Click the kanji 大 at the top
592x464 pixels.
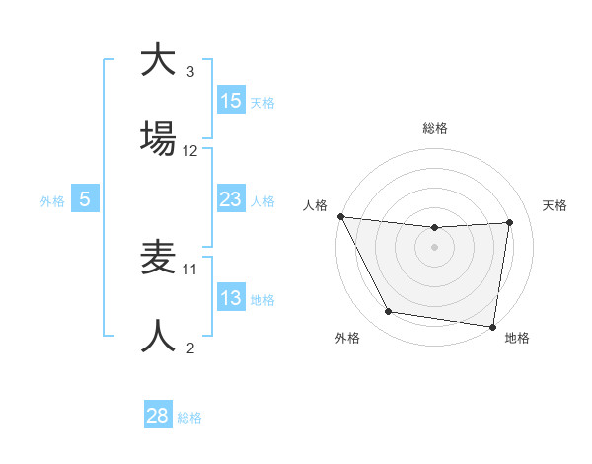coord(158,61)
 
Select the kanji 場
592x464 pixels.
coord(158,138)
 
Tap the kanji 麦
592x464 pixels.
coord(158,259)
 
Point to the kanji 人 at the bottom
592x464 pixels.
coord(158,336)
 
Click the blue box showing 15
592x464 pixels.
coord(231,101)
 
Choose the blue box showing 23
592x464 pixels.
coord(231,199)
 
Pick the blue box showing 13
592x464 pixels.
coord(231,298)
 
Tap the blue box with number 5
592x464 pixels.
coord(85,199)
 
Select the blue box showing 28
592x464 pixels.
coord(158,416)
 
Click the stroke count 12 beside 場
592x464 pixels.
coord(190,151)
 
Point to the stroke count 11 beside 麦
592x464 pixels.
coord(190,269)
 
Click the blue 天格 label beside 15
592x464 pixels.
coord(262,102)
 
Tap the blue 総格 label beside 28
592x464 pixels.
coord(189,417)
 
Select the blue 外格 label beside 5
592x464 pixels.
coord(52,200)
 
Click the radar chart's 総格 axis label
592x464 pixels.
coord(435,128)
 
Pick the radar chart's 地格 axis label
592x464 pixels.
coord(517,338)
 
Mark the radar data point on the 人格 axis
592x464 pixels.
coord(341,216)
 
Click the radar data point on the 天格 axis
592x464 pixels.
coord(510,222)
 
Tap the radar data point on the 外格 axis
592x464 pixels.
coord(389,312)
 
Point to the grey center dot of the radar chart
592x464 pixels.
coord(435,247)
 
